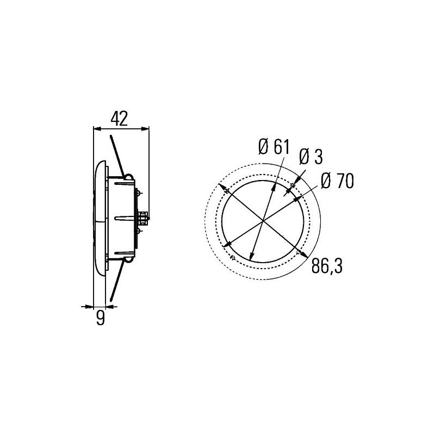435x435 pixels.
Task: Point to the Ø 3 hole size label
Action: pos(310,157)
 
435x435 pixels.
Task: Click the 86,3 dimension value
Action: pos(327,266)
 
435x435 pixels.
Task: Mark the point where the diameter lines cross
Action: pos(264,221)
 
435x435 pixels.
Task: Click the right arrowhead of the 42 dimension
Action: pos(146,129)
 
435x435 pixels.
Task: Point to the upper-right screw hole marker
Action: pos(293,186)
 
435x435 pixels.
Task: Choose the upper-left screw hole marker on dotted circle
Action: pos(225,190)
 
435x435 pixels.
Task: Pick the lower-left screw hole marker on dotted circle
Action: pos(233,257)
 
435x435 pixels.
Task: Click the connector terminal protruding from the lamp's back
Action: pos(144,218)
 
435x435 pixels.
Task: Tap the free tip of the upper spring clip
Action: pos(110,136)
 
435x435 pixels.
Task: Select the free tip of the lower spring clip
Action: pos(111,301)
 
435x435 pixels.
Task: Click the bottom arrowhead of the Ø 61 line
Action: pos(252,257)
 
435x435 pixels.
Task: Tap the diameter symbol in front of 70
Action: pos(326,181)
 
